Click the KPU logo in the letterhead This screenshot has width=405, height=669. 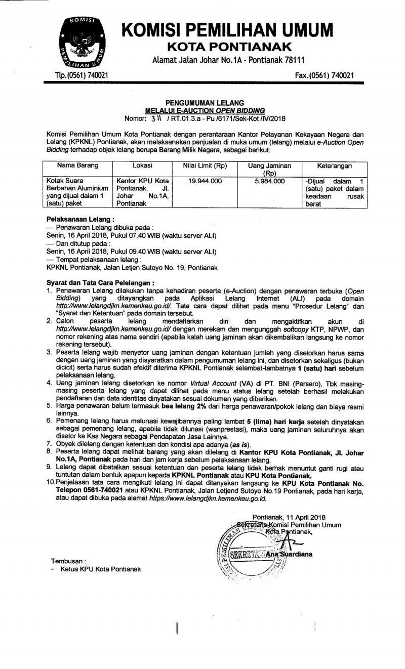point(80,44)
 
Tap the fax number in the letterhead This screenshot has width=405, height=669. point(324,76)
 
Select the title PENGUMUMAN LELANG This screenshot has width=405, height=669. point(205,103)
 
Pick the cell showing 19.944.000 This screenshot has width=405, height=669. point(204,181)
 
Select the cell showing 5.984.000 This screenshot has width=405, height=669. point(267,181)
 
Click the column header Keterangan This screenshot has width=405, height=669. point(334,165)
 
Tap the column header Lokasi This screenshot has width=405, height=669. point(143,165)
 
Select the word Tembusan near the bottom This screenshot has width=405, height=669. point(68,561)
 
